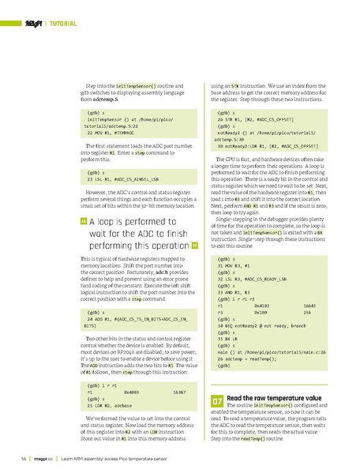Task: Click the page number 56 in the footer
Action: tap(24, 457)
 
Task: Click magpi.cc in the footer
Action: tap(43, 457)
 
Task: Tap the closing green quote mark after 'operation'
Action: tap(193, 245)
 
